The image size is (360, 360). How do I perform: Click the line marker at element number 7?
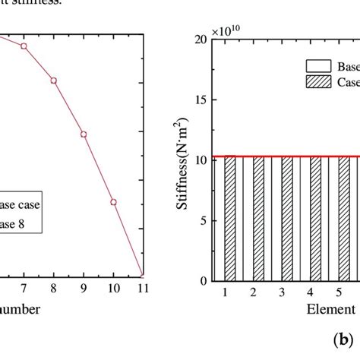[24, 46]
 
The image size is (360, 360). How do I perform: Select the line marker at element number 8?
[54, 81]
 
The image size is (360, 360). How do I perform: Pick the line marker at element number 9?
[84, 134]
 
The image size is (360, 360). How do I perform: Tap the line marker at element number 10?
[113, 202]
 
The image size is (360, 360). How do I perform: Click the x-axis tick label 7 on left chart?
[24, 289]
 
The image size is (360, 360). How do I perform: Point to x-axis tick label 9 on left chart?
[84, 289]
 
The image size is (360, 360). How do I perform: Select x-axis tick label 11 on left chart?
[143, 289]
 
